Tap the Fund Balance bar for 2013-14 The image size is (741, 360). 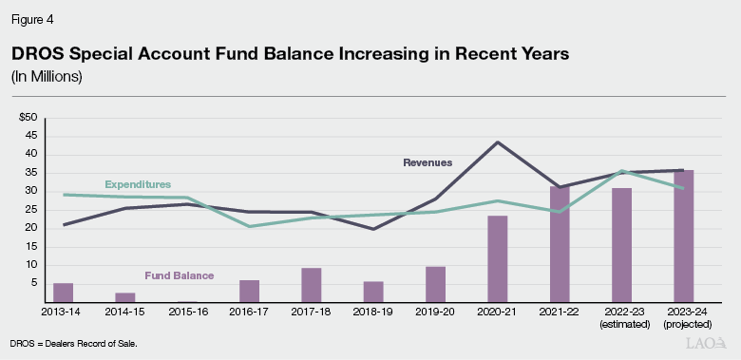(x=64, y=292)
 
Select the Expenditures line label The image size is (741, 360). (x=138, y=183)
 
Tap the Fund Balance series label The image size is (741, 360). (x=179, y=275)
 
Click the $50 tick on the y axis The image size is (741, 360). (x=28, y=117)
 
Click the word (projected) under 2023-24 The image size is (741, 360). (x=683, y=323)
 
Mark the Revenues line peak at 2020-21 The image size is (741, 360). (x=498, y=142)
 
